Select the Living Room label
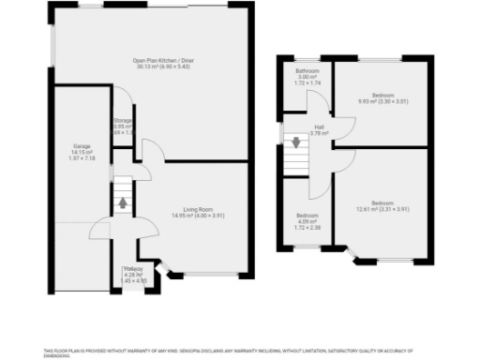[198, 209]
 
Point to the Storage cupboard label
[123, 121]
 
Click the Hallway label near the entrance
[134, 269]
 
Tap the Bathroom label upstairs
[308, 71]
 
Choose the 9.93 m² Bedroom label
[382, 96]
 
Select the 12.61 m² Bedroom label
[382, 202]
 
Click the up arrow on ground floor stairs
[121, 202]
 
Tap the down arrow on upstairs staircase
[296, 142]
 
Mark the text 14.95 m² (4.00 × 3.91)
[198, 216]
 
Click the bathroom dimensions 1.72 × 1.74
[308, 84]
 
